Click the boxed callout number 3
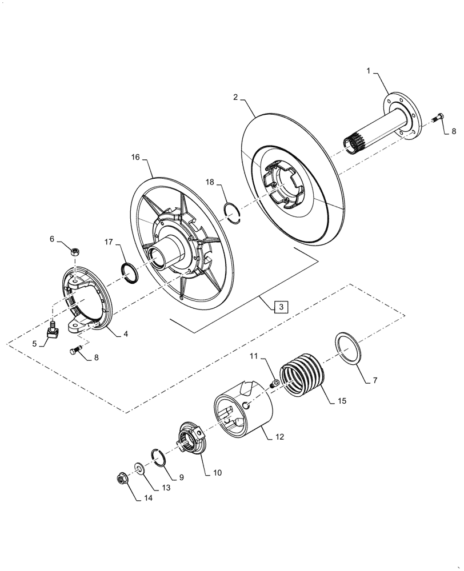(x=281, y=307)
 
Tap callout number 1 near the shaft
(x=369, y=71)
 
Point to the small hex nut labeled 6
(x=74, y=251)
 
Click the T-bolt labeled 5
(x=52, y=331)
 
